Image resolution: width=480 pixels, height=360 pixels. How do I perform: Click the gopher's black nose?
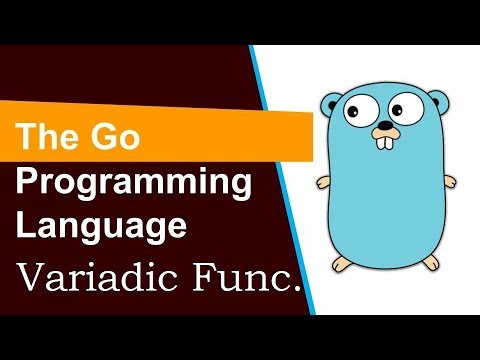click(x=383, y=130)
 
